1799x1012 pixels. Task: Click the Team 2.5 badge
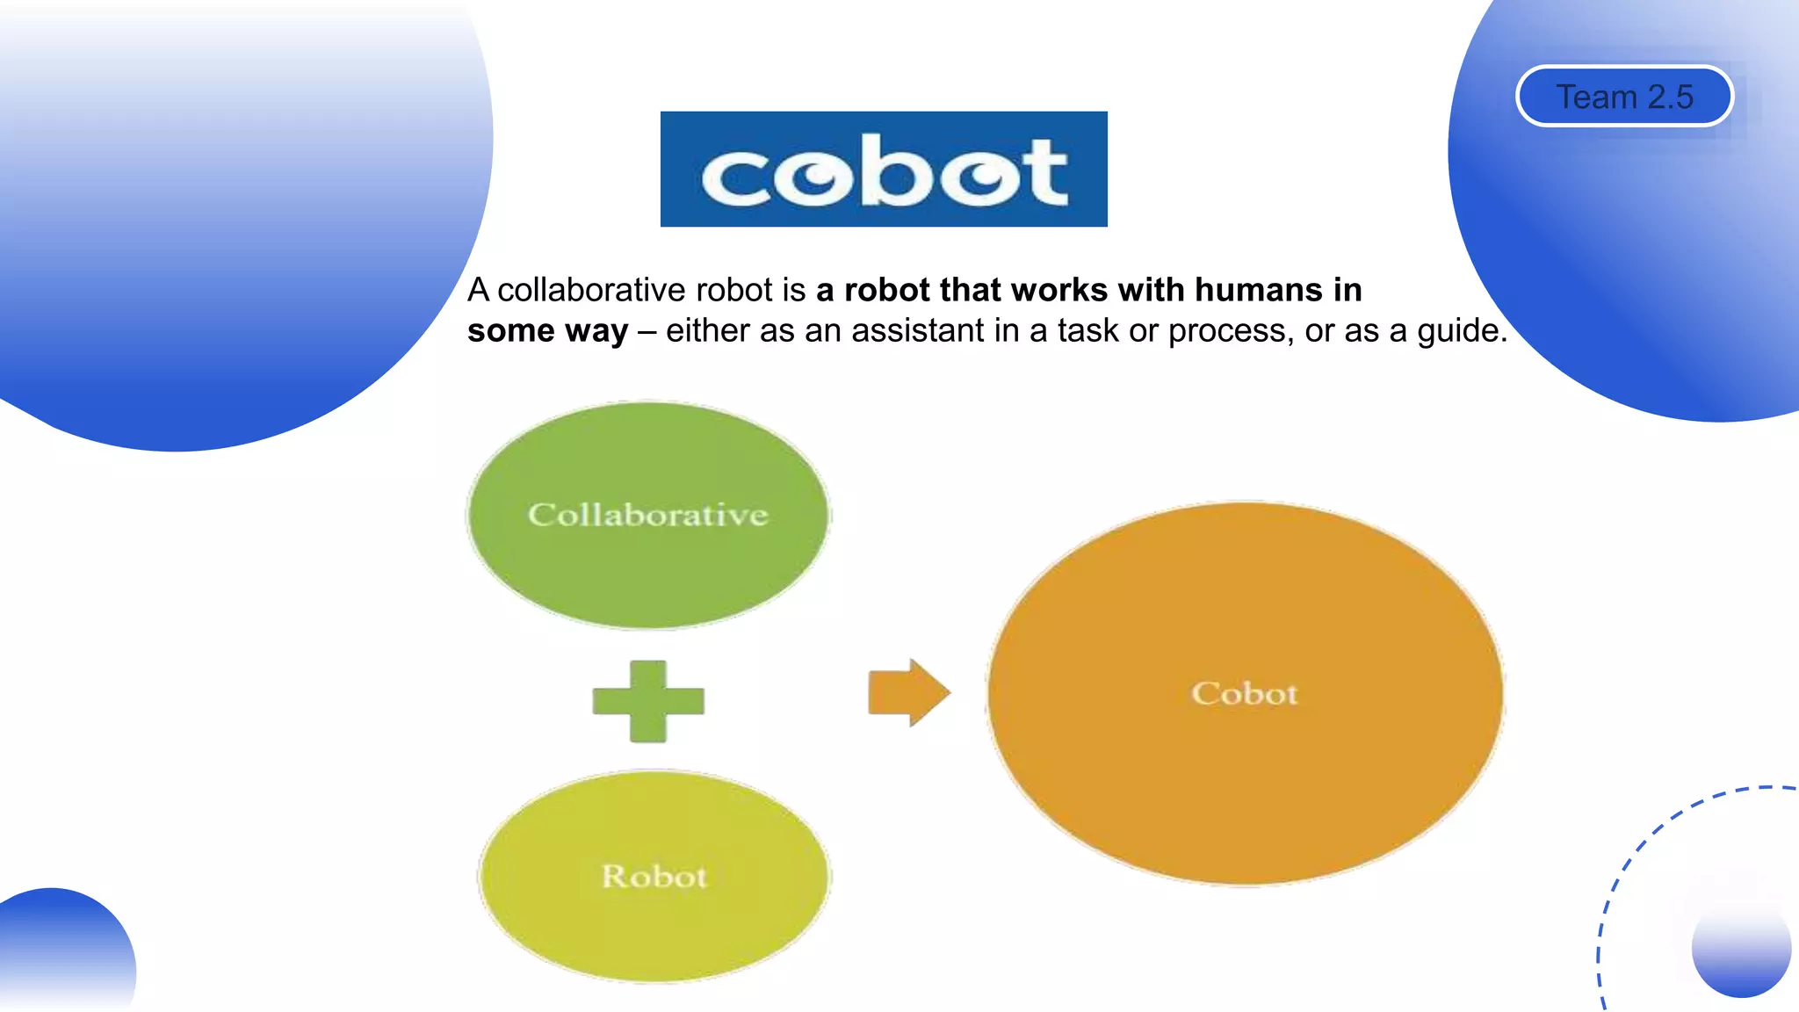coord(1624,97)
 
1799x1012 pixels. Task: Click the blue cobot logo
coord(883,169)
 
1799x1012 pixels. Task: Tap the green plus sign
coord(648,701)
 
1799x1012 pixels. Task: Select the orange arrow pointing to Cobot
coord(908,692)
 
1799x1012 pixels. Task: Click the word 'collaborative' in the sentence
coord(591,290)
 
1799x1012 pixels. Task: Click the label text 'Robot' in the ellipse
coord(654,876)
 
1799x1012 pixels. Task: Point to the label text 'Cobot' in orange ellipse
coord(1245,693)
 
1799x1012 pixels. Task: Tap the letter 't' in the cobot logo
coord(1044,172)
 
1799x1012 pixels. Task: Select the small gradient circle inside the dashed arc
coord(1740,949)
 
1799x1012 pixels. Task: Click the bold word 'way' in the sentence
coord(596,331)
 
